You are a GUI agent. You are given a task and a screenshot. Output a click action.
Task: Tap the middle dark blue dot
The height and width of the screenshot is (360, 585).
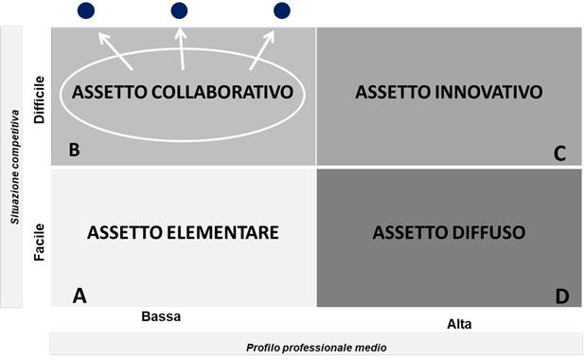[180, 10]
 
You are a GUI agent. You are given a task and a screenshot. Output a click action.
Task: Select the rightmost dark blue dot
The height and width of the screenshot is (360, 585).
[281, 10]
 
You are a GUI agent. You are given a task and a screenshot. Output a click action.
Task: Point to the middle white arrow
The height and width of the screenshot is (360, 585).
[182, 50]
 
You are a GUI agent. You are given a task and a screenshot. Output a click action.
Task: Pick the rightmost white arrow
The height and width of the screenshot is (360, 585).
[264, 51]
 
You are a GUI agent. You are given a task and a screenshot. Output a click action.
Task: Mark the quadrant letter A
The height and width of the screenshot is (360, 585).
[80, 296]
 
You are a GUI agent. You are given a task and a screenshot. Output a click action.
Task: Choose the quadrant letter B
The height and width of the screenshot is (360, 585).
[73, 150]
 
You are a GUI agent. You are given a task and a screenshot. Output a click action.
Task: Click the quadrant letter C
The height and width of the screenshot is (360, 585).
[560, 153]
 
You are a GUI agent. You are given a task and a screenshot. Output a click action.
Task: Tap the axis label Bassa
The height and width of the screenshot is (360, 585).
[160, 316]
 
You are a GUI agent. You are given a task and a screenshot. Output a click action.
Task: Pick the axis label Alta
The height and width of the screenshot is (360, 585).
[459, 324]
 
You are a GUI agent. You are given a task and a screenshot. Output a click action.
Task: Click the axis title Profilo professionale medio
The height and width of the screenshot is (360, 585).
[316, 348]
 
